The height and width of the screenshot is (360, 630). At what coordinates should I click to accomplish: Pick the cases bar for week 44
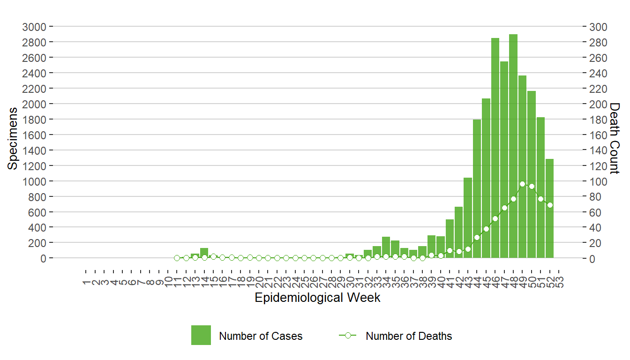(477, 187)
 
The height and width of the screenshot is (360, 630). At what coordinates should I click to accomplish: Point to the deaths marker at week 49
(522, 184)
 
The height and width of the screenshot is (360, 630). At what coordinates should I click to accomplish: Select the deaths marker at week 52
(549, 205)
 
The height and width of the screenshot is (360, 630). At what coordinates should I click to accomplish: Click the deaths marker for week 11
(177, 258)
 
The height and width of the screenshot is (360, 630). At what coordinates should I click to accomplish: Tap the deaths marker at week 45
(486, 229)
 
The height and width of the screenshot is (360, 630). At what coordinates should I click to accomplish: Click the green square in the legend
(201, 335)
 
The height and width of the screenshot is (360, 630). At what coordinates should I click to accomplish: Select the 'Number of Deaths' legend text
(409, 336)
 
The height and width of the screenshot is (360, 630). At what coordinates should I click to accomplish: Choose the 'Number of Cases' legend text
(261, 336)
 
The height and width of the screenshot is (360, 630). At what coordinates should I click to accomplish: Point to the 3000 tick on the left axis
(34, 27)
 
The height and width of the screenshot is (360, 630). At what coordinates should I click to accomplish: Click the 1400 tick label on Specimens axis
(34, 150)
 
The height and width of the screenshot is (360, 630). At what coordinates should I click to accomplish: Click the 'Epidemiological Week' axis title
(317, 298)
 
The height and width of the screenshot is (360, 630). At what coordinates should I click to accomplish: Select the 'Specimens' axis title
(13, 138)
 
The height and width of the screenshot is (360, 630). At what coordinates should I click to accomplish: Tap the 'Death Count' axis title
(614, 138)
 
